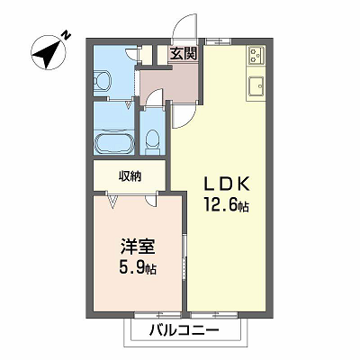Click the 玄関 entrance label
pyautogui.click(x=184, y=53)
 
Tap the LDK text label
pyautogui.click(x=227, y=184)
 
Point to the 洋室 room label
pyautogui.click(x=138, y=247)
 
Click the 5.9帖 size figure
pyautogui.click(x=138, y=267)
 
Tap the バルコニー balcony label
pyautogui.click(x=184, y=331)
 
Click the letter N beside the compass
pyautogui.click(x=66, y=35)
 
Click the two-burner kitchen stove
pyautogui.click(x=256, y=55)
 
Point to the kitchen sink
pyautogui.click(x=256, y=86)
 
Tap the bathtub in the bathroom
pyautogui.click(x=114, y=142)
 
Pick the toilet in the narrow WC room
pyautogui.click(x=152, y=140)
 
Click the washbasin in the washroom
pyautogui.click(x=102, y=81)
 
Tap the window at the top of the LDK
pyautogui.click(x=219, y=41)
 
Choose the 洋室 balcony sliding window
pyautogui.click(x=157, y=315)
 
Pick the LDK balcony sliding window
pyautogui.click(x=214, y=315)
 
